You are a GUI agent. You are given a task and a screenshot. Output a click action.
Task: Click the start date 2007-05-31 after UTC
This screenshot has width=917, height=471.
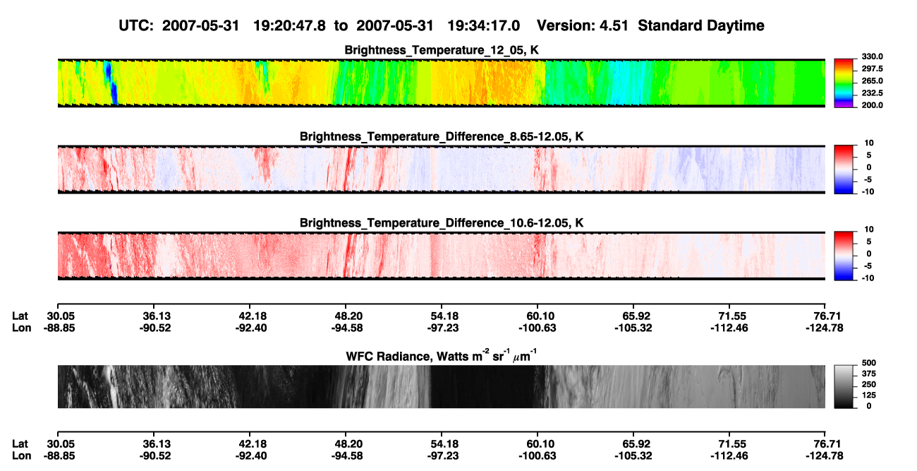[200, 26]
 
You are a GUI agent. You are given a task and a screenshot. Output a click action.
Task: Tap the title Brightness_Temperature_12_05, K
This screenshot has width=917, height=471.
[442, 50]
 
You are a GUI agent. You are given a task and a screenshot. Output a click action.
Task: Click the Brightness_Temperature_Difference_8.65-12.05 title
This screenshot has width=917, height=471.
[442, 136]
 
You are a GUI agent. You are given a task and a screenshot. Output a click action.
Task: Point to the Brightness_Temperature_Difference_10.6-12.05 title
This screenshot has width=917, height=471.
[442, 223]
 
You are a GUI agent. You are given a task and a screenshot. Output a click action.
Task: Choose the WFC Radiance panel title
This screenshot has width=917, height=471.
[442, 356]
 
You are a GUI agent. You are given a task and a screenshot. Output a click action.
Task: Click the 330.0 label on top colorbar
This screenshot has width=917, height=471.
[872, 56]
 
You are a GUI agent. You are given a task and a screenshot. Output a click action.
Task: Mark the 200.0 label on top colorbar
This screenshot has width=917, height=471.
[872, 105]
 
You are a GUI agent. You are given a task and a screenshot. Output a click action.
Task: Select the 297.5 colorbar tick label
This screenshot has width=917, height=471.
[872, 69]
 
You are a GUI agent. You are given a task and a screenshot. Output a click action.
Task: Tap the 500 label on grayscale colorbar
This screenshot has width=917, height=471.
[869, 363]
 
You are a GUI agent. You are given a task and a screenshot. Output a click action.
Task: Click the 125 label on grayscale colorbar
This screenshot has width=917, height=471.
[869, 395]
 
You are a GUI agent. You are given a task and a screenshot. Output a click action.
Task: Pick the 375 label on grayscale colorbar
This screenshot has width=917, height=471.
[869, 374]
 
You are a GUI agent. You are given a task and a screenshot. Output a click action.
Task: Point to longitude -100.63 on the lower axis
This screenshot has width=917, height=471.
[538, 456]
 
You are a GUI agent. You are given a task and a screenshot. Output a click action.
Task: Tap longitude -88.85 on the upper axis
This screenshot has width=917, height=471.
[59, 328]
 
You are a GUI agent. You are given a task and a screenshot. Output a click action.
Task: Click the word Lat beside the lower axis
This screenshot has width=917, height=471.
[20, 444]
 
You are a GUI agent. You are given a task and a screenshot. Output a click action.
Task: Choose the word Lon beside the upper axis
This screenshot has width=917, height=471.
[21, 328]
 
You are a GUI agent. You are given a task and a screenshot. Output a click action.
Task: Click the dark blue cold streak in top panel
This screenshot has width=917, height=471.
[111, 84]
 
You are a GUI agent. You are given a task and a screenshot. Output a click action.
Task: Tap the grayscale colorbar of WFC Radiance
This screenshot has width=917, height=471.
[844, 386]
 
